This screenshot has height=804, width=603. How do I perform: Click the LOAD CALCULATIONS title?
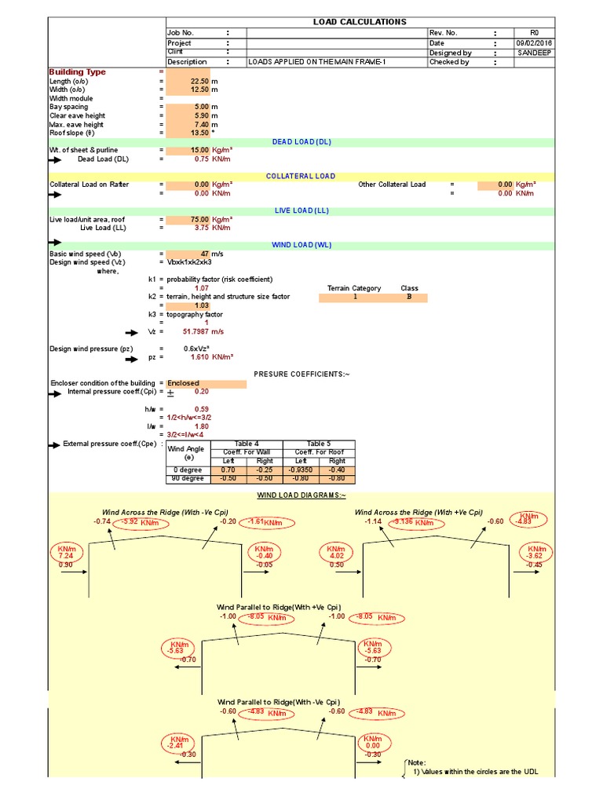[x=360, y=22]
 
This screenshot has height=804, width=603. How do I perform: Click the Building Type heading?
[x=77, y=72]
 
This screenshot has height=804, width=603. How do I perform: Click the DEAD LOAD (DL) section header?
[x=303, y=142]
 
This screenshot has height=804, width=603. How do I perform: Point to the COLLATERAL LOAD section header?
[x=301, y=177]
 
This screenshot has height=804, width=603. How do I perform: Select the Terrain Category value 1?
[x=355, y=298]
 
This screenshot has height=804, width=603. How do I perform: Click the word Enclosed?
[x=184, y=383]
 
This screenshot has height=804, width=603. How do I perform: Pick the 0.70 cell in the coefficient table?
[x=228, y=470]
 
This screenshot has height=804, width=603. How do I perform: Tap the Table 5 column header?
[x=319, y=444]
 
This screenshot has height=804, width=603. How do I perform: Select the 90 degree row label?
[x=188, y=478]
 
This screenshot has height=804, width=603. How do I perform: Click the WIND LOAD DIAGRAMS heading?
[x=301, y=496]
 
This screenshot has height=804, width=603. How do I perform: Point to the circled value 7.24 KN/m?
[x=65, y=554]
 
